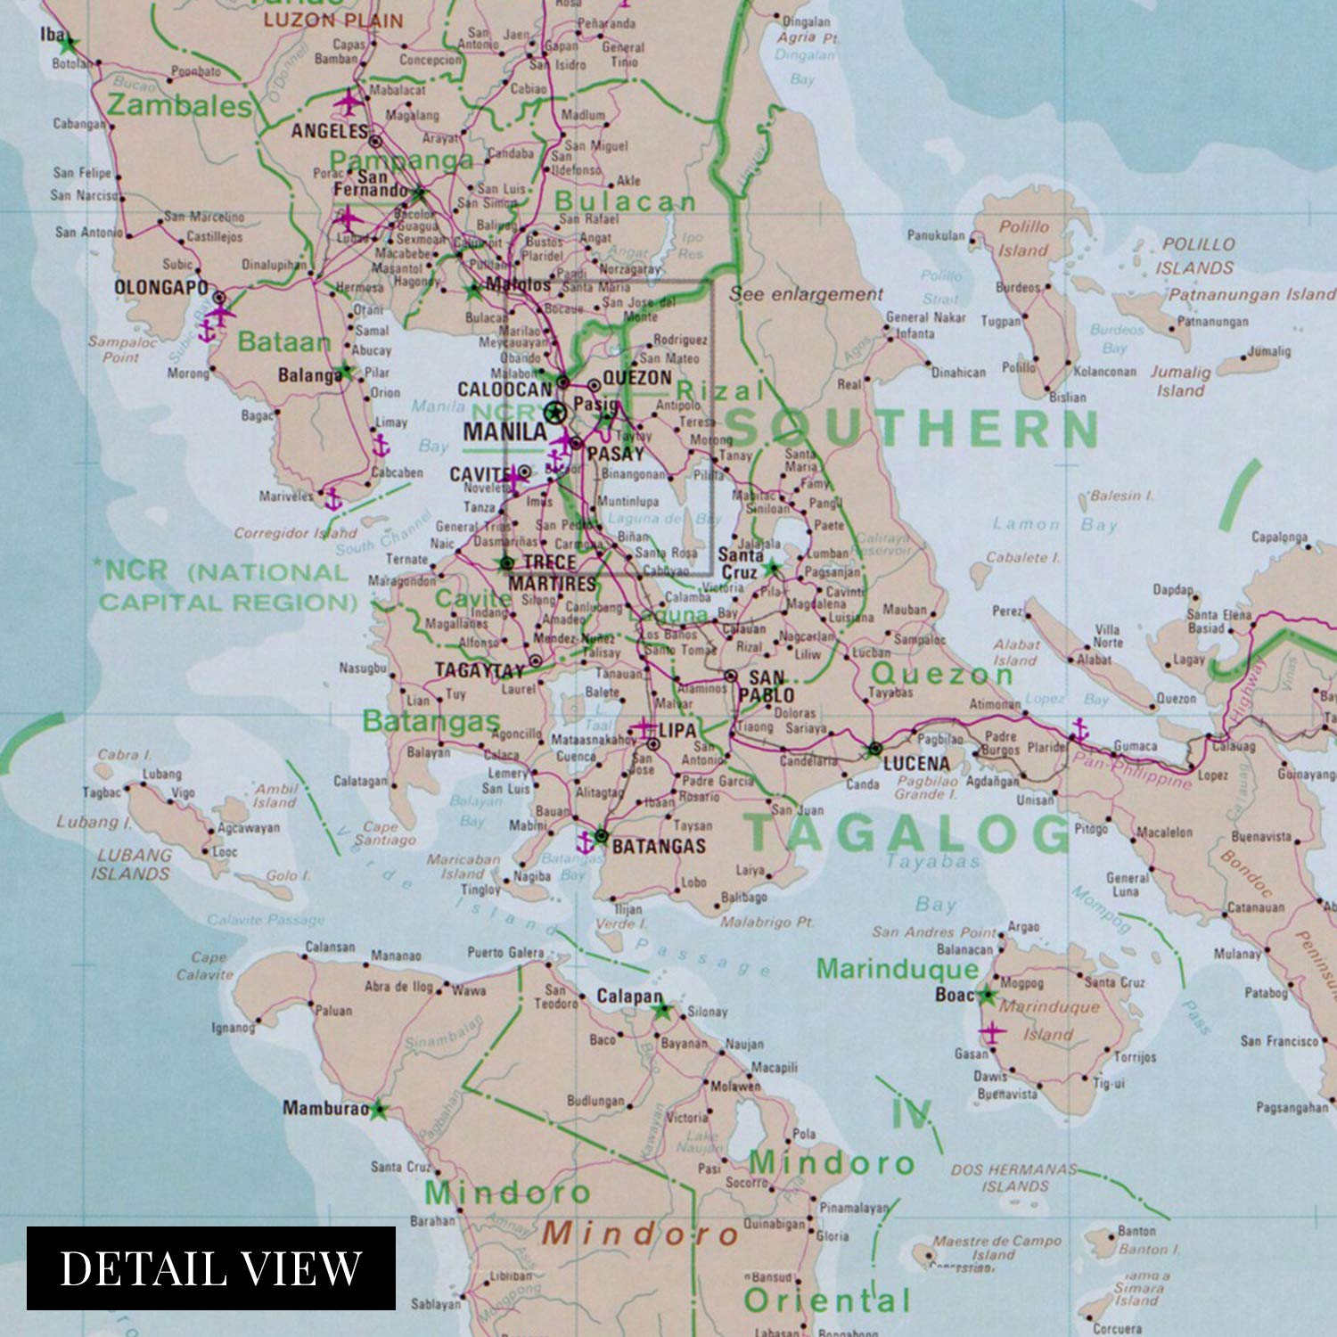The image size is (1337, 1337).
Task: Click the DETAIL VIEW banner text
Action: coord(210,1267)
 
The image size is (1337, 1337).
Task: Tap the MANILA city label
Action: coord(504,431)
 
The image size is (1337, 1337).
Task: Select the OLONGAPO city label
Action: coord(160,287)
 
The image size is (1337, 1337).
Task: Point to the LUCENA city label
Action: coord(916,763)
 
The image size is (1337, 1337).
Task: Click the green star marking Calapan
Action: coord(661,1011)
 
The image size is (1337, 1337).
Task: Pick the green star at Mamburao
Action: coord(380,1110)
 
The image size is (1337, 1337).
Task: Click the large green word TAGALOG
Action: coord(907,833)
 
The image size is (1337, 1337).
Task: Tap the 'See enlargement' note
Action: coord(806,294)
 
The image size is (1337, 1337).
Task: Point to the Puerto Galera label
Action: coord(504,952)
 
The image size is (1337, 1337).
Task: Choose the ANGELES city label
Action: coord(329,131)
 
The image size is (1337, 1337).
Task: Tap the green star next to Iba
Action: coord(70,43)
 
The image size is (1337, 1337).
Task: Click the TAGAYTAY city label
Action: coord(480,670)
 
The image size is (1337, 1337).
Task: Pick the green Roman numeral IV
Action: coord(912,1113)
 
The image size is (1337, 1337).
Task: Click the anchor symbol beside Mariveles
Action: coord(333,499)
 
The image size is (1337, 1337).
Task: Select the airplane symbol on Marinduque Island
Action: coord(990,1032)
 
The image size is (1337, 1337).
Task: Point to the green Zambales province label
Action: coord(179,106)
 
